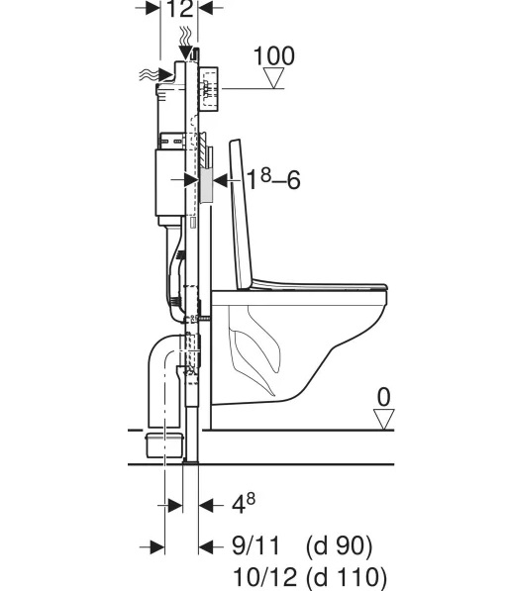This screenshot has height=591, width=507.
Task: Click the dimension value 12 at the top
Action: point(179,8)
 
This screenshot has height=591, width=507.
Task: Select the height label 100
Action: point(274,56)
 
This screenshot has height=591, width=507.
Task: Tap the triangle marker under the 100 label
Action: point(273,78)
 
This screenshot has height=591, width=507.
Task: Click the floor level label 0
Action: point(384,397)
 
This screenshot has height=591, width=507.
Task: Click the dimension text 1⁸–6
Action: point(273,179)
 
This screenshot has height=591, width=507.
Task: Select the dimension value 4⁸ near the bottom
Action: point(244,503)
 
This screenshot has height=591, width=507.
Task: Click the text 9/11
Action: point(256,545)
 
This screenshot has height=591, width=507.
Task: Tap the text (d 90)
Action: point(339,546)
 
